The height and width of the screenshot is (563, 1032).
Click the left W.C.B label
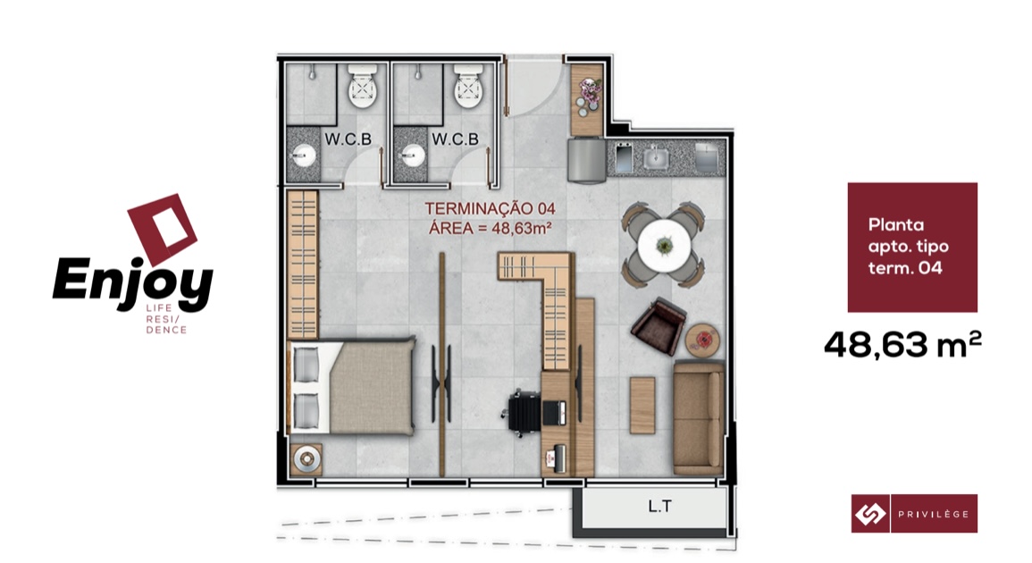pyautogui.click(x=348, y=139)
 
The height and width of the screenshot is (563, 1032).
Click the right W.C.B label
pyautogui.click(x=455, y=139)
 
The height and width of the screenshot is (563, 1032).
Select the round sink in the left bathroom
pyautogui.click(x=304, y=157)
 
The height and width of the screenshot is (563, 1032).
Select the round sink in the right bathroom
pyautogui.click(x=412, y=156)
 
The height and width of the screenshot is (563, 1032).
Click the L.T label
pyautogui.click(x=659, y=506)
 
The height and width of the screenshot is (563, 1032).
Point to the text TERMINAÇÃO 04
pyautogui.click(x=491, y=209)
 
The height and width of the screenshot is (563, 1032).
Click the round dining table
pyautogui.click(x=664, y=246)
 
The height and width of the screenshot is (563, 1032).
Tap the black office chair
pyautogui.click(x=525, y=413)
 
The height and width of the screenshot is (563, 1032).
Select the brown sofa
pyautogui.click(x=699, y=416)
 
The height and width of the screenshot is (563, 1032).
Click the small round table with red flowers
pyautogui.click(x=703, y=340)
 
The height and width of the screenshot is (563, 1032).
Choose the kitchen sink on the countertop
pyautogui.click(x=656, y=158)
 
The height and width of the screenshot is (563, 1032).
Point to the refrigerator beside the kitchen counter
pyautogui.click(x=587, y=159)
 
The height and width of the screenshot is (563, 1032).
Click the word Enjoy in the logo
pyautogui.click(x=132, y=281)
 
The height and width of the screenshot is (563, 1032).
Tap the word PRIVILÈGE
pyautogui.click(x=934, y=514)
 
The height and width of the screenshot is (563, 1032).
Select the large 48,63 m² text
pyautogui.click(x=902, y=344)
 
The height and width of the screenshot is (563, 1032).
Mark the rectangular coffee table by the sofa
pyautogui.click(x=642, y=405)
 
